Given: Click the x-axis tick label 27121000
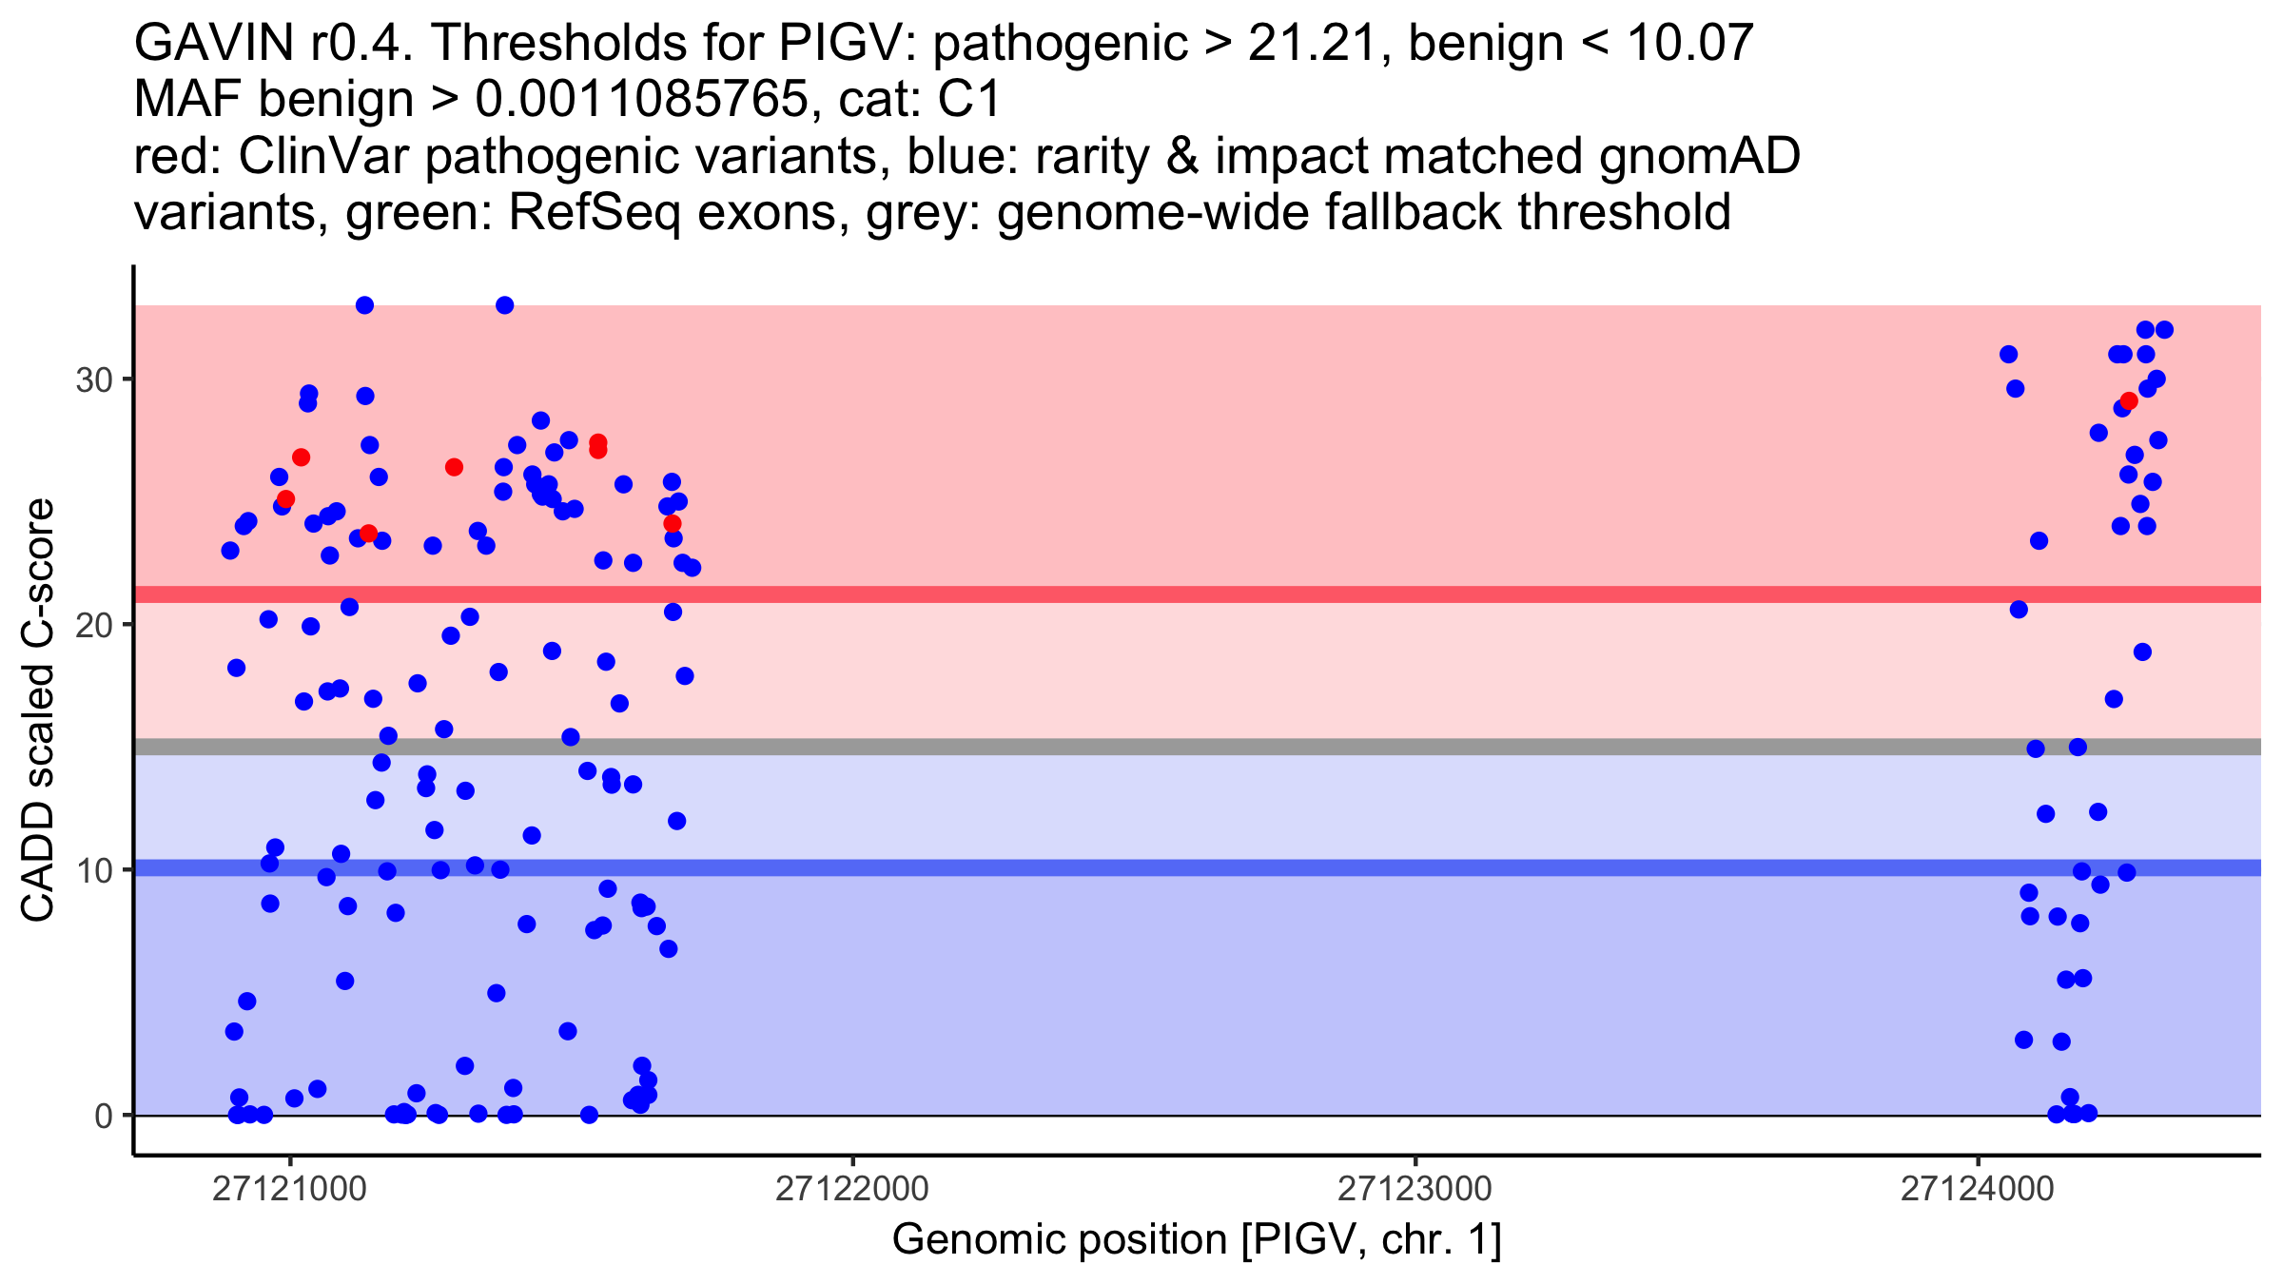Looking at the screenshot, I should click(289, 1189).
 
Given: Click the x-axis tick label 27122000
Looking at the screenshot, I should click(851, 1189).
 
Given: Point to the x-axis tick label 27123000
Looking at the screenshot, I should click(1415, 1189).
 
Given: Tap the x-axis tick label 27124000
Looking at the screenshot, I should click(1978, 1189).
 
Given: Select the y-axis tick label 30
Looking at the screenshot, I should click(93, 379).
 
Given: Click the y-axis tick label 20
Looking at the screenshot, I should click(93, 625).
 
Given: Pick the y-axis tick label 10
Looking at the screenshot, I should click(93, 870).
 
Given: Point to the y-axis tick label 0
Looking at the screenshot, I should click(104, 1116).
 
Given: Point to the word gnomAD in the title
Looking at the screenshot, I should click(1699, 157).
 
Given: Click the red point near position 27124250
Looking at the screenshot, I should click(2129, 401).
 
